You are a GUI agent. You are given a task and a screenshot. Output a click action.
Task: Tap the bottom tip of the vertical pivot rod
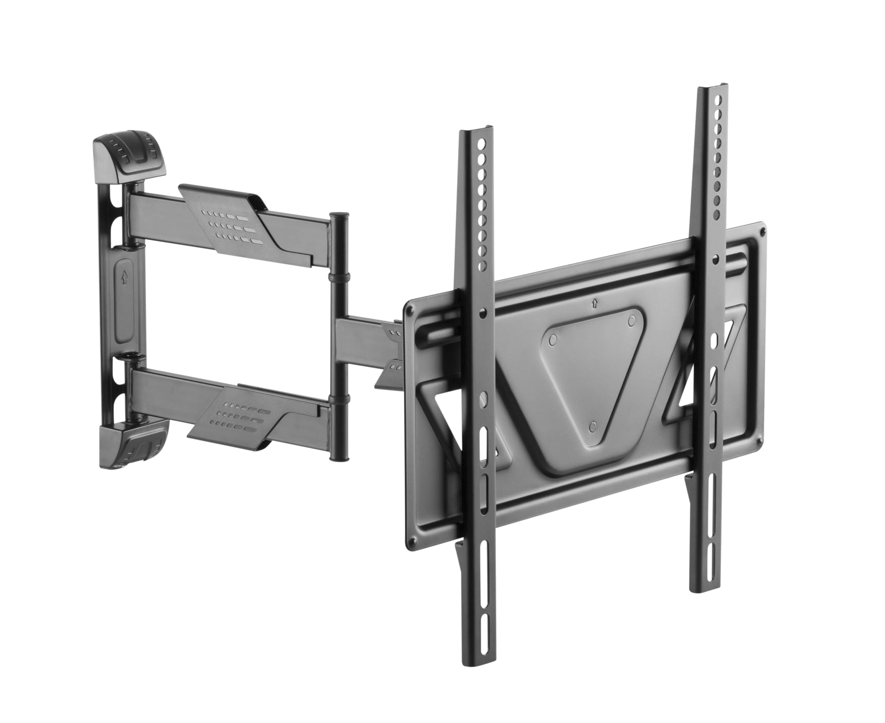(340, 457)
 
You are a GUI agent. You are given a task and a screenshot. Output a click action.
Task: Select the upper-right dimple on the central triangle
(632, 319)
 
